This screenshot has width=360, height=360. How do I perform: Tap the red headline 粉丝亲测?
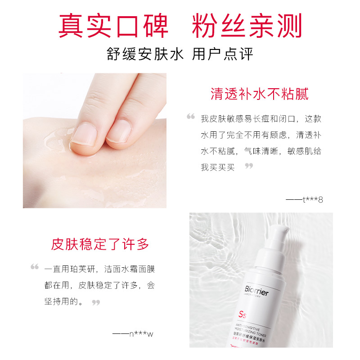[x=247, y=26]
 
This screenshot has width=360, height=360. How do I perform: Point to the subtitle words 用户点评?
[x=222, y=54]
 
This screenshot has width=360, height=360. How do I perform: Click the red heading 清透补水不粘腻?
[x=260, y=94]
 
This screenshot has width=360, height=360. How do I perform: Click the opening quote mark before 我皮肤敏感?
[x=191, y=117]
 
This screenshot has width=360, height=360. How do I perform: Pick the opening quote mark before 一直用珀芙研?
[x=35, y=267]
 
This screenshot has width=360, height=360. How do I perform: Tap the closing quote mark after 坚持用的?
[x=95, y=302]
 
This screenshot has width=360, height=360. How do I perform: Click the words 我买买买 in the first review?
[x=218, y=167]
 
